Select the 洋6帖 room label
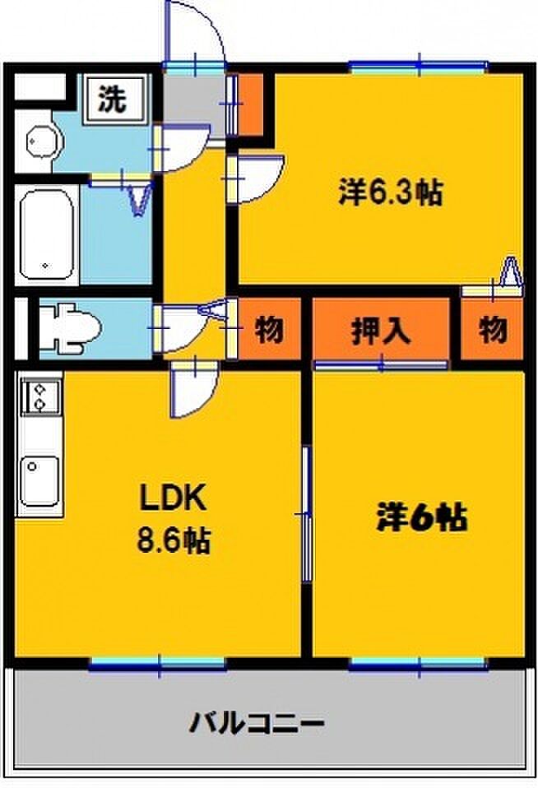click(x=421, y=518)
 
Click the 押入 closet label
click(x=381, y=331)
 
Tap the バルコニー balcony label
click(x=257, y=725)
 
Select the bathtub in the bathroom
click(x=49, y=234)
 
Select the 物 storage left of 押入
click(x=268, y=331)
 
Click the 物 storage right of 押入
click(x=492, y=331)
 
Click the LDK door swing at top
click(x=192, y=391)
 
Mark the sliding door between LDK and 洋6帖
click(x=307, y=514)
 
